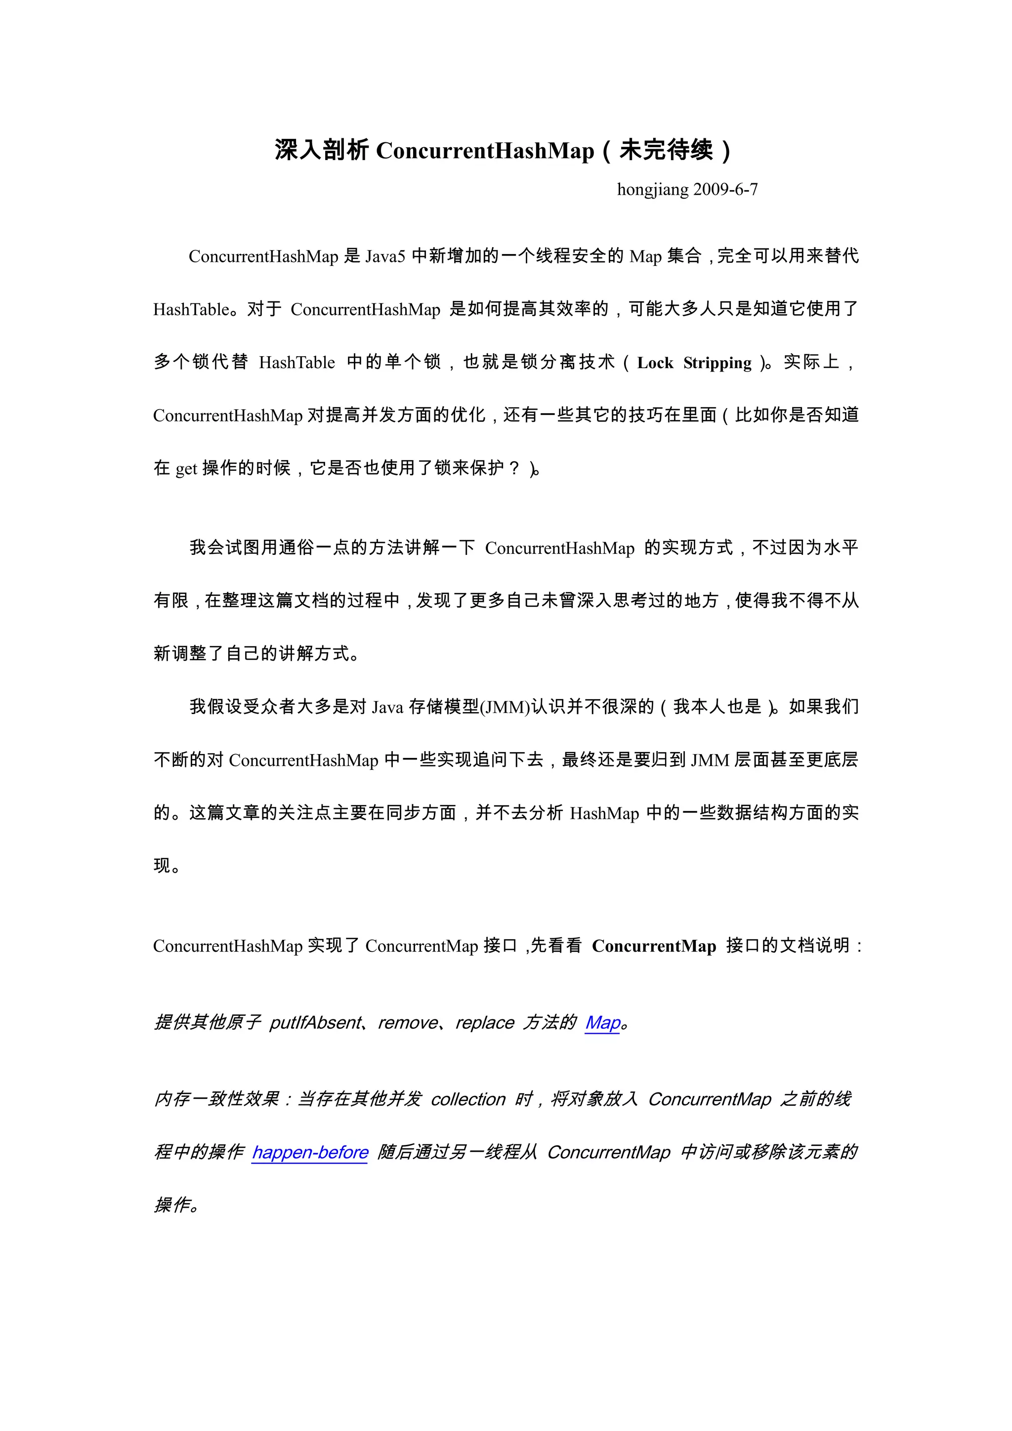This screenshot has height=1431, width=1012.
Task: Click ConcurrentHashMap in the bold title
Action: coord(485,151)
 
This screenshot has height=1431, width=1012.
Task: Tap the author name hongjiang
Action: coord(652,189)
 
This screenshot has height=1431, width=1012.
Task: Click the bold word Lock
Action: coord(655,363)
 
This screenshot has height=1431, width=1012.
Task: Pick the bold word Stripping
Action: coord(717,363)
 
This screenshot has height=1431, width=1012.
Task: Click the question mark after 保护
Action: coord(514,467)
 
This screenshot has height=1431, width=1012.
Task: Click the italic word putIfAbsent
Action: coord(315,1023)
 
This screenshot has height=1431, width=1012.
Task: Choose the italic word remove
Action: coord(408,1023)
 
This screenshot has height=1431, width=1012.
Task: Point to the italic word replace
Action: coord(485,1023)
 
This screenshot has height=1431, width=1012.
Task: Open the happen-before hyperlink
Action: coord(310,1152)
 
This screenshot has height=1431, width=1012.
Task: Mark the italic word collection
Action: coord(468,1099)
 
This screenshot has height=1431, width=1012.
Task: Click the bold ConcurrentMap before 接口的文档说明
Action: coord(654,946)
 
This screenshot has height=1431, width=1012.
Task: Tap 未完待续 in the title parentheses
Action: coord(666,151)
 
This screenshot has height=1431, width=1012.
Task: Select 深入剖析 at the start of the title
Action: coord(322,151)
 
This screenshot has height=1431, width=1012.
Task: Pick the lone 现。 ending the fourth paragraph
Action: coord(167,866)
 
